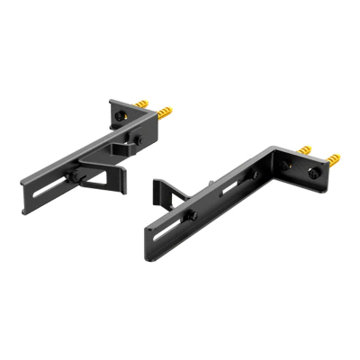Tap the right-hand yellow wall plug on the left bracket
tap(166, 114)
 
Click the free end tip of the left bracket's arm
tap(24, 183)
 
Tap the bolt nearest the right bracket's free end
tap(191, 214)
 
